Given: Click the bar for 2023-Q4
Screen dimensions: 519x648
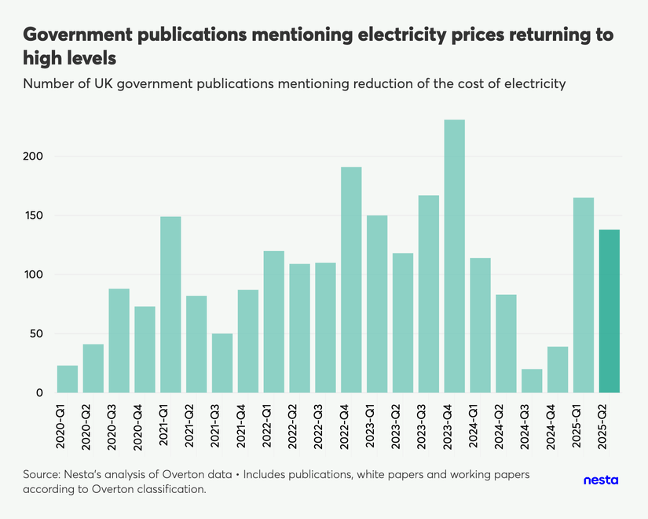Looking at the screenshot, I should (455, 256).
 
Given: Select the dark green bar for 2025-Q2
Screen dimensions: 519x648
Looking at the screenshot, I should (610, 311).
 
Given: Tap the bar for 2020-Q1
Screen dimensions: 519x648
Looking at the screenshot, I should (68, 379).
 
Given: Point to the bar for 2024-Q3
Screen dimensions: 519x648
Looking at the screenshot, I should (532, 381).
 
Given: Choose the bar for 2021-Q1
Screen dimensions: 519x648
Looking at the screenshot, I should (170, 304).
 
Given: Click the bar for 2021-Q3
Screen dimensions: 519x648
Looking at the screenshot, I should (222, 363).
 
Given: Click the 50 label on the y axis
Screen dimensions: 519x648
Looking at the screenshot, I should (35, 334).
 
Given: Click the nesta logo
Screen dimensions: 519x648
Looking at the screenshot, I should (602, 480).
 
